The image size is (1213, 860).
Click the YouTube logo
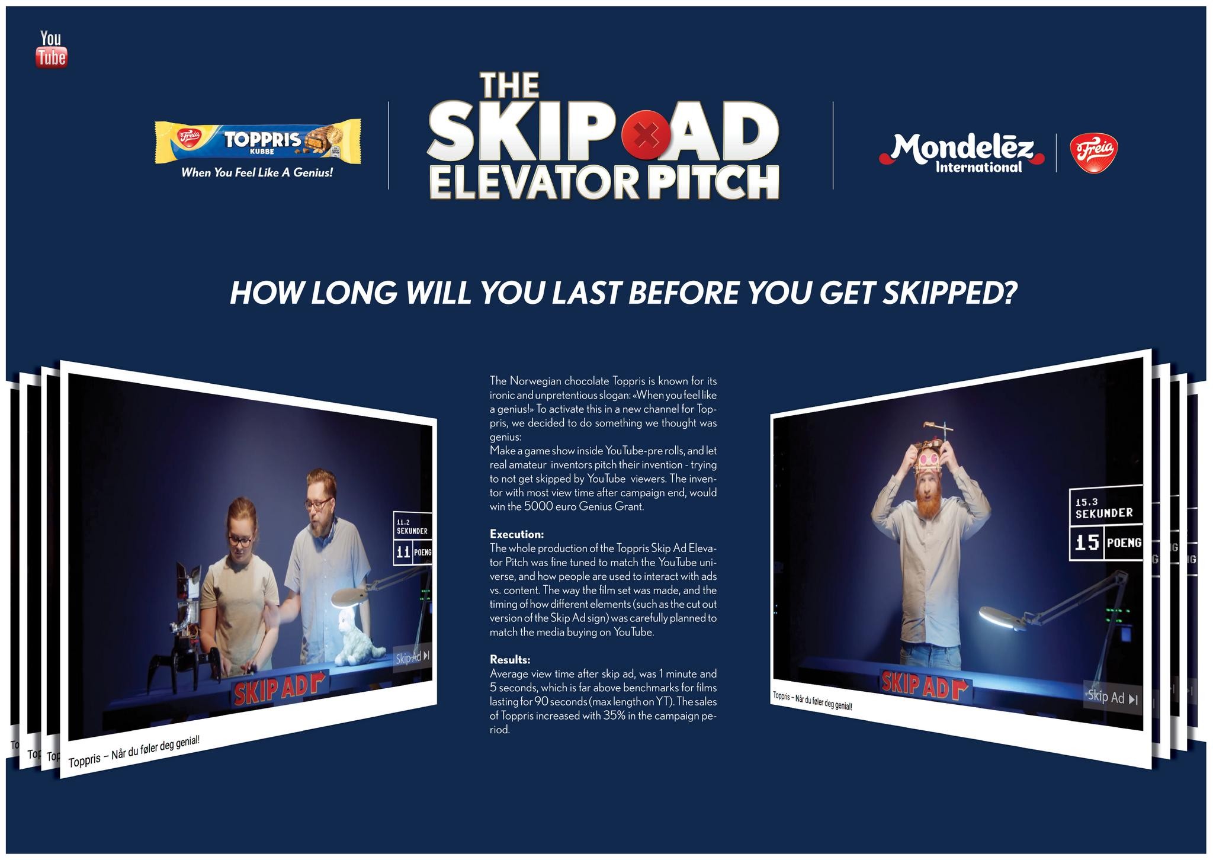point(52,50)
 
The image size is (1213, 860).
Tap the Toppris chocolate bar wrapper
point(258,142)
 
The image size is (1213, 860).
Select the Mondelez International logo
point(962,153)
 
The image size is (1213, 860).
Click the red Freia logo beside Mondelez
point(1093,153)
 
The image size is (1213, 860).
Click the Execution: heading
point(516,534)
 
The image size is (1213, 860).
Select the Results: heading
point(510,659)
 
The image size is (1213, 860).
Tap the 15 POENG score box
point(1106,542)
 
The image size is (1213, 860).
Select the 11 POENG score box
point(413,552)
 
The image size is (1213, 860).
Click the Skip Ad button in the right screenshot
point(1112,697)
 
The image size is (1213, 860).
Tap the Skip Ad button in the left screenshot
point(413,657)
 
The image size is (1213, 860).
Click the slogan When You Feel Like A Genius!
point(257,173)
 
